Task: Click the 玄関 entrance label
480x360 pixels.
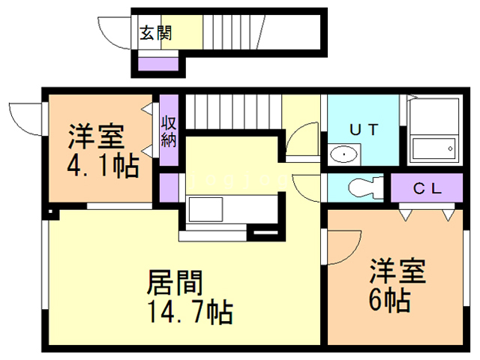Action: (x=155, y=32)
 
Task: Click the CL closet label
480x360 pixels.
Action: (x=427, y=187)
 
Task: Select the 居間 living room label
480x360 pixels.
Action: (x=175, y=283)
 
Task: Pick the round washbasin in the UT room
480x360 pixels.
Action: (x=344, y=154)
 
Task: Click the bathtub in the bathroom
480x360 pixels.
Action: (x=433, y=149)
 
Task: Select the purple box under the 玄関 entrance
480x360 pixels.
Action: (x=157, y=62)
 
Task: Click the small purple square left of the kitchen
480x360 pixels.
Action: (x=168, y=184)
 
